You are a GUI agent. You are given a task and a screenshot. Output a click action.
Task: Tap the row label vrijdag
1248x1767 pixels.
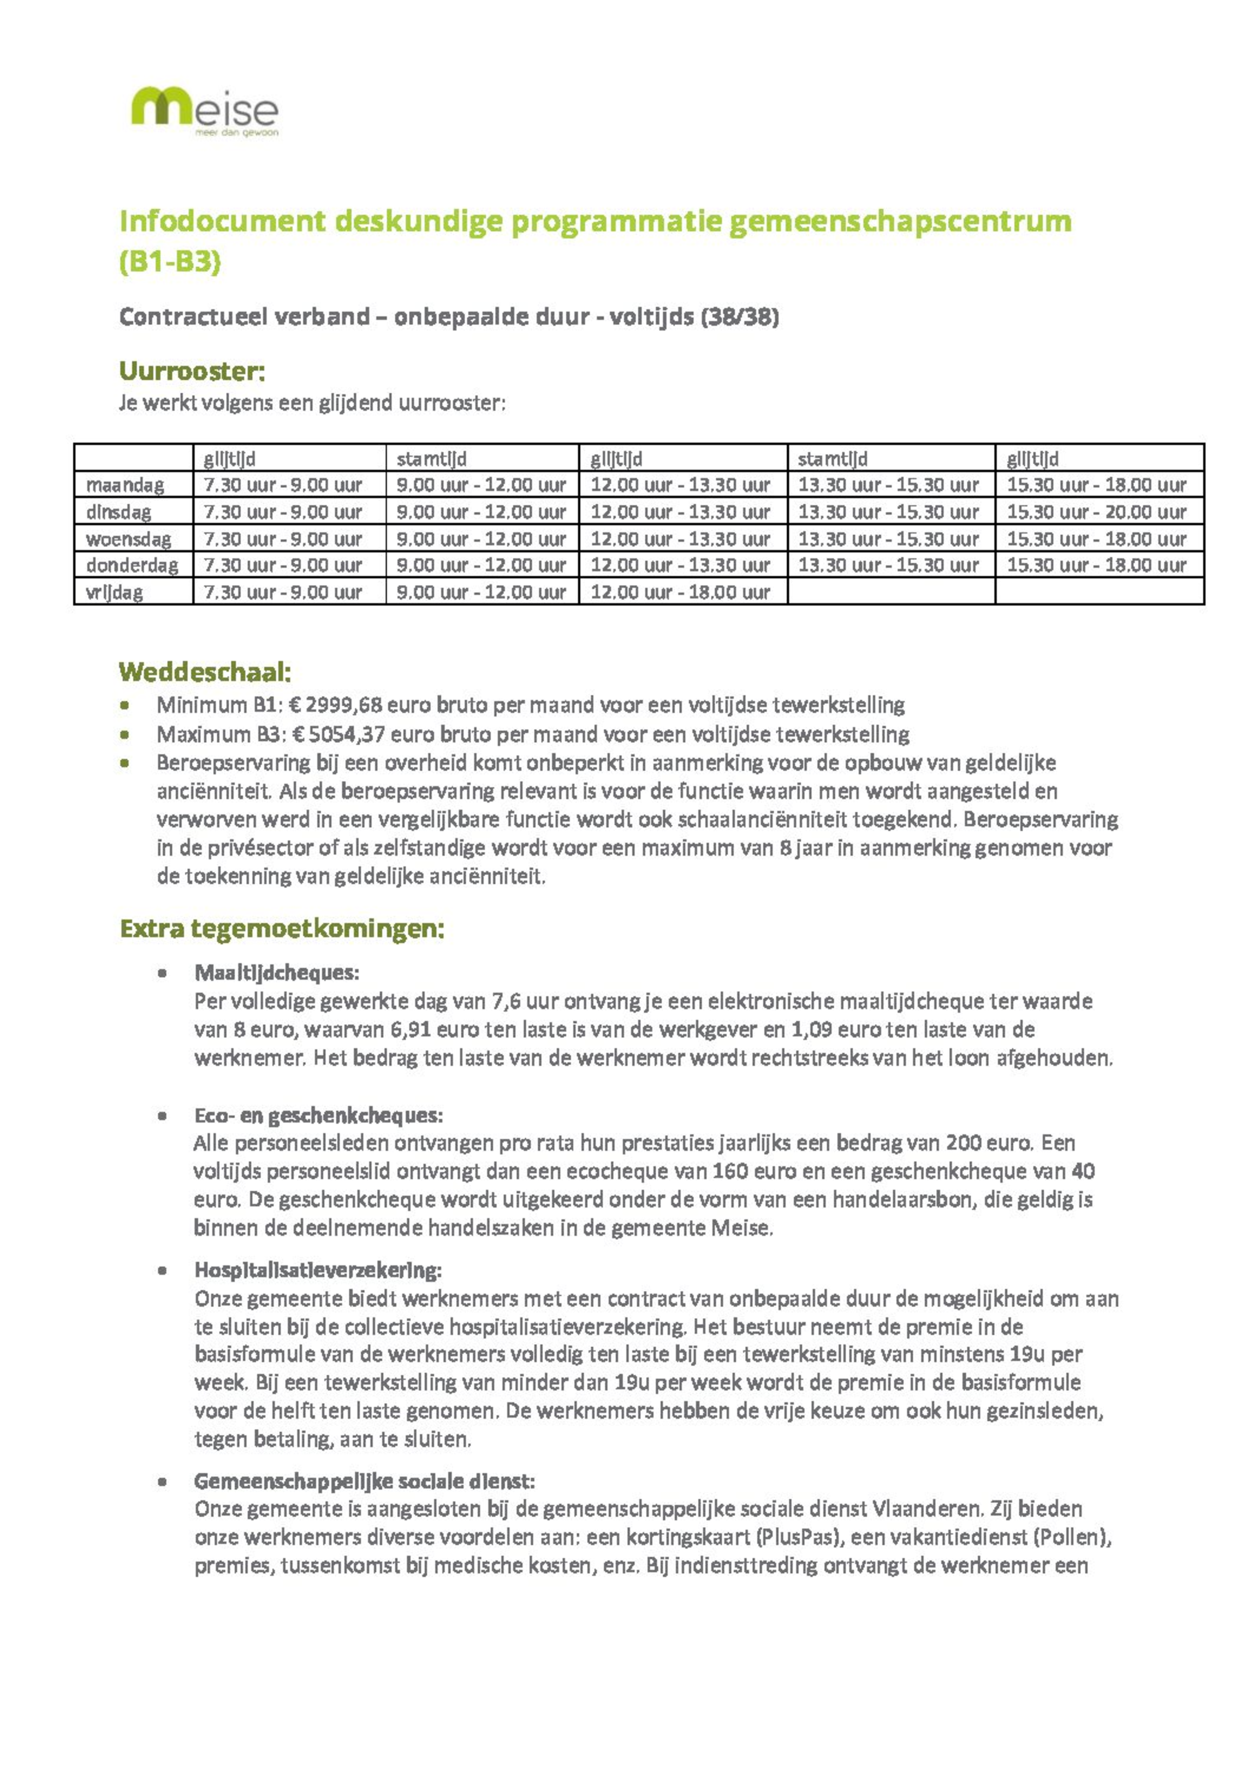[115, 592]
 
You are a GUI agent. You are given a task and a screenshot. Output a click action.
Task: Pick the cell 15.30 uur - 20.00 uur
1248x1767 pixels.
[1096, 512]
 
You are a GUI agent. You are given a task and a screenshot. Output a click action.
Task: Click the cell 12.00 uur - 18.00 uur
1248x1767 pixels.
[680, 592]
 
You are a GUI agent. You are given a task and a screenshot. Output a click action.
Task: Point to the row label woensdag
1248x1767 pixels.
[128, 539]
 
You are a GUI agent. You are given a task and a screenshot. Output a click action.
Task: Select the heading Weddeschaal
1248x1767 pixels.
[205, 672]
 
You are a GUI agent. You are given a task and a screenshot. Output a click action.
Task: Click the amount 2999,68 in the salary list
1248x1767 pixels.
[344, 705]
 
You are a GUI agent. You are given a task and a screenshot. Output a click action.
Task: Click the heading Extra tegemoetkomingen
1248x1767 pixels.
[282, 929]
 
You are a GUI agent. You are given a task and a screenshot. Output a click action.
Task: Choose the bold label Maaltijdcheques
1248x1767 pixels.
[276, 973]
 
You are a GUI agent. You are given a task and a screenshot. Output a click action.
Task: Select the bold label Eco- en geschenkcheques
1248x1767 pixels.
[318, 1115]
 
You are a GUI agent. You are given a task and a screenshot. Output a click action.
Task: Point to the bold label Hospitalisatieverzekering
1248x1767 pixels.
[318, 1270]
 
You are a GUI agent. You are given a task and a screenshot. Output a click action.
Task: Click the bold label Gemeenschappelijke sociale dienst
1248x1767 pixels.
[364, 1481]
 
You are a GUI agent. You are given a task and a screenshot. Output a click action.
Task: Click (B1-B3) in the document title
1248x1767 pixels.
[170, 262]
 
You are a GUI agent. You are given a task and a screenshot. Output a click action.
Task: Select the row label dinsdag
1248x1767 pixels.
[118, 512]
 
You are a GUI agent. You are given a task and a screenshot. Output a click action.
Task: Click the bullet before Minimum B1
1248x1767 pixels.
[124, 705]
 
